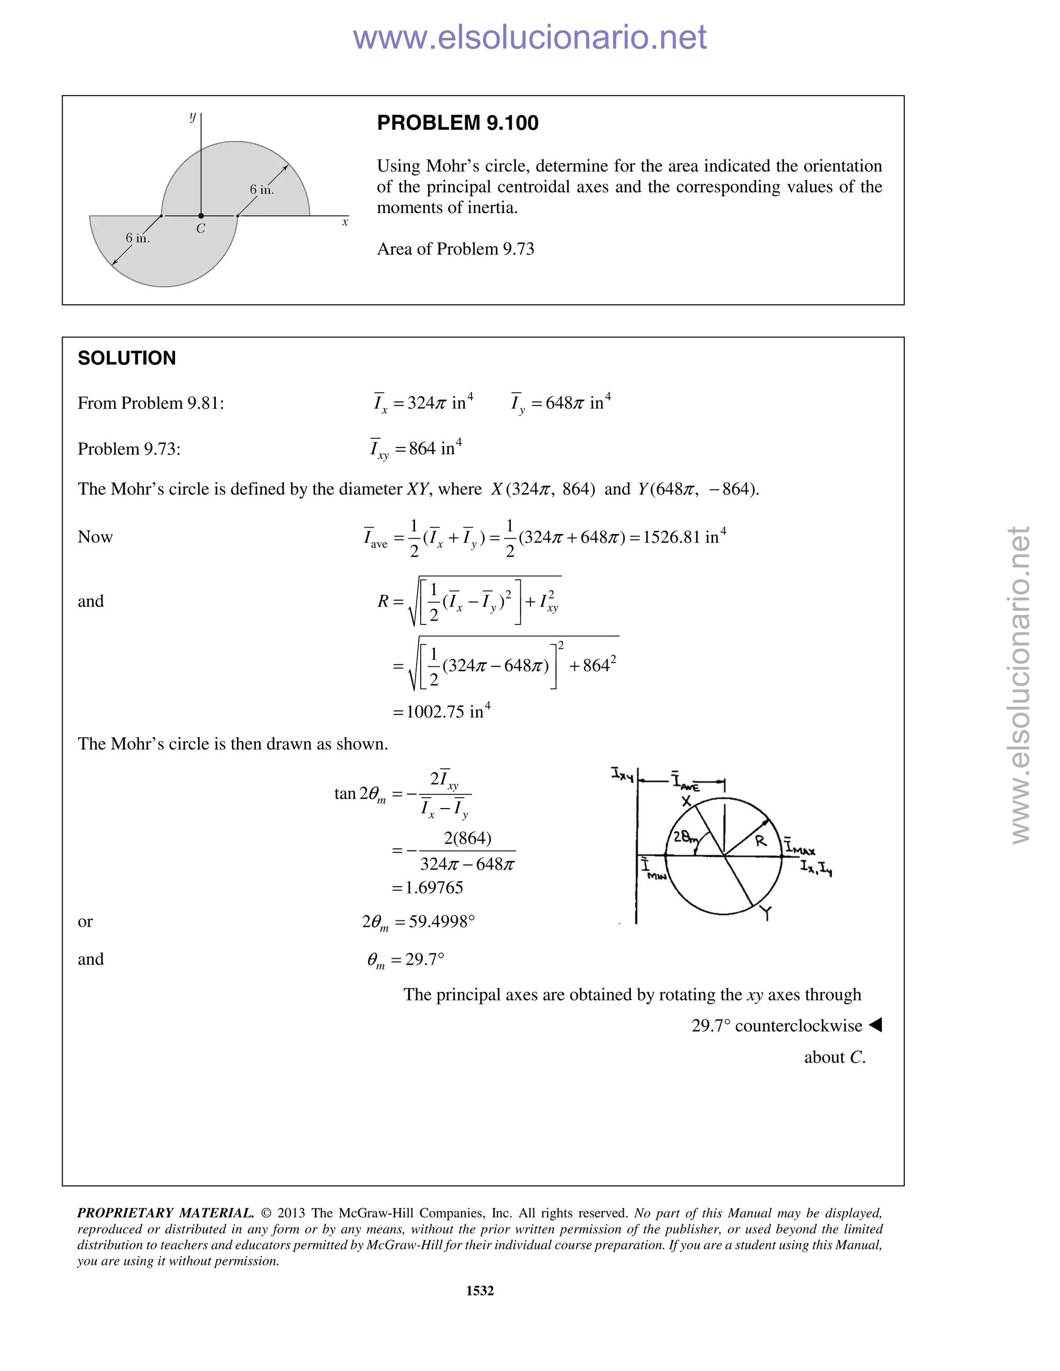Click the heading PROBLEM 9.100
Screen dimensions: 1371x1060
coord(457,123)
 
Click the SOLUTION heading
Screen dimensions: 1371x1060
coord(127,359)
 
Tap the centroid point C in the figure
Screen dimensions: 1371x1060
coord(201,216)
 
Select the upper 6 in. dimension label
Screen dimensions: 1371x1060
coord(262,189)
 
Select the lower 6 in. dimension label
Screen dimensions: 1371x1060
coord(138,238)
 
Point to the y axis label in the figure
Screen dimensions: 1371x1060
coord(193,117)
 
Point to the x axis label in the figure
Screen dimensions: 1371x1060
coord(345,222)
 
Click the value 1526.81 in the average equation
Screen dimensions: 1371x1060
coord(671,538)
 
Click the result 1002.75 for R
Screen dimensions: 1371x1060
coord(435,712)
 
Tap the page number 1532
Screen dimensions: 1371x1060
coord(480,1291)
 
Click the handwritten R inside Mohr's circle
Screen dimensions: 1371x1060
coord(760,841)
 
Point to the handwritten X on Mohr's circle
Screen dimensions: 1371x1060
coord(686,801)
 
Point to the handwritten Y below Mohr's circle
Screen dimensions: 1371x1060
coord(765,913)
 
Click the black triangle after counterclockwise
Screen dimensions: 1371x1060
coord(875,1025)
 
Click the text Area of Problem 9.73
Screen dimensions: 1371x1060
coord(455,249)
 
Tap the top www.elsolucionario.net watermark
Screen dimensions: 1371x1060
coord(529,37)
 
